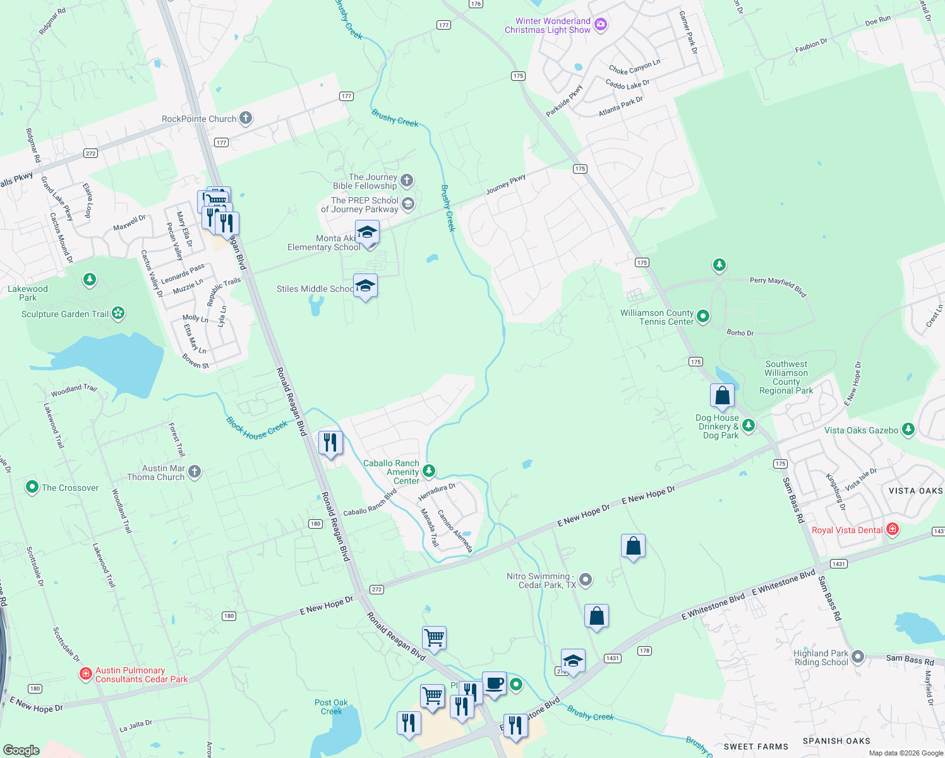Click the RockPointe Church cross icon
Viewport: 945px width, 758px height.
tap(246, 118)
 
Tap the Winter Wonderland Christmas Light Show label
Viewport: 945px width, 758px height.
tap(548, 26)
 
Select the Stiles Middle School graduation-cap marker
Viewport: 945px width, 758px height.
tap(365, 287)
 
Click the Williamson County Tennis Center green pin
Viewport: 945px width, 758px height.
tap(703, 316)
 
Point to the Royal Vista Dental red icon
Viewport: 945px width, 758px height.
tap(893, 529)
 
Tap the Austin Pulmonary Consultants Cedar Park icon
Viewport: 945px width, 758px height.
tap(86, 674)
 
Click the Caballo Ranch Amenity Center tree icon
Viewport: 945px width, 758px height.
tap(429, 471)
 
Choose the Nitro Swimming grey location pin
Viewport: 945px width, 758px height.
tap(586, 579)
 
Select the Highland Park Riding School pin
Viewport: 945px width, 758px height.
tap(857, 657)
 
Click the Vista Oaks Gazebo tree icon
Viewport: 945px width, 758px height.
tap(908, 430)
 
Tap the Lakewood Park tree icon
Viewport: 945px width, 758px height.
tap(90, 279)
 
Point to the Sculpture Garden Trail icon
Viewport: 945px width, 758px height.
tap(118, 313)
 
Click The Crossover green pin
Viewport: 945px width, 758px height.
tap(32, 487)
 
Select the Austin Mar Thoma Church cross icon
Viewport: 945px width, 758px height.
tap(195, 471)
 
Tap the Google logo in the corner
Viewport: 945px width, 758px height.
tap(21, 750)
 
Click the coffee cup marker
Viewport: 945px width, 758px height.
tap(494, 683)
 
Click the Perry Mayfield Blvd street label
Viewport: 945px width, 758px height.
tap(778, 286)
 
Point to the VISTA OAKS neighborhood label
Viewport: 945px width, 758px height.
tap(915, 491)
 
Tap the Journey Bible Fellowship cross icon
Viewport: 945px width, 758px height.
tap(407, 181)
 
